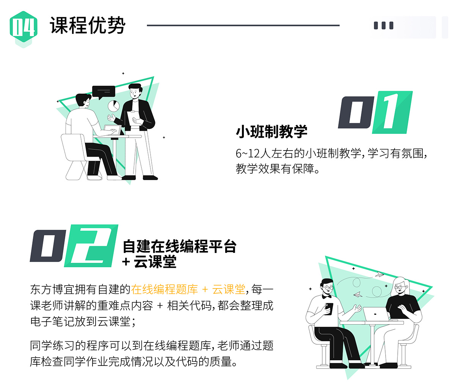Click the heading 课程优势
pos(88,25)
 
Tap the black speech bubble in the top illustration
pos(104,92)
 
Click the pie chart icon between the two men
pos(113,106)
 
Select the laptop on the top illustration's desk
pos(113,130)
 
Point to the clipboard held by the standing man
pos(133,119)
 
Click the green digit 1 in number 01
pos(392,112)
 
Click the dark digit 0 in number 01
pos(356,112)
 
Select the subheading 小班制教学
pos(271,132)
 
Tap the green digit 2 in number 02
pos(91,246)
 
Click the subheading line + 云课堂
pos(149,262)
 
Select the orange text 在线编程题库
pos(165,289)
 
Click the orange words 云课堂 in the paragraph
pos(229,289)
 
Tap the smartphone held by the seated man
pos(329,308)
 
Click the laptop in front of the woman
pos(375,314)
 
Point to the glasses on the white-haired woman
pos(400,287)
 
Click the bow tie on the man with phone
pos(327,296)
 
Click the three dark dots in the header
pos(383,25)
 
